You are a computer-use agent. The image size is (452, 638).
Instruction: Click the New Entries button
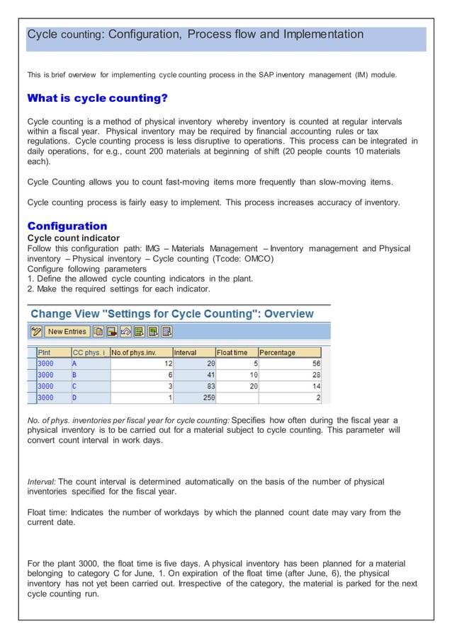tap(67, 331)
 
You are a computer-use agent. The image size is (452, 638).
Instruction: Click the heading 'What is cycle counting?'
tap(97, 98)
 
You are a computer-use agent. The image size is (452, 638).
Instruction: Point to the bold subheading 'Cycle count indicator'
tap(73, 238)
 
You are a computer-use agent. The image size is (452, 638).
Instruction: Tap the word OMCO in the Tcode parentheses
tap(255, 258)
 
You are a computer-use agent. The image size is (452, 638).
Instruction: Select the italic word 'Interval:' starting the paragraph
tap(41, 482)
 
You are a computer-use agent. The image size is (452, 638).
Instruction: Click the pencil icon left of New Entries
tap(35, 331)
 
